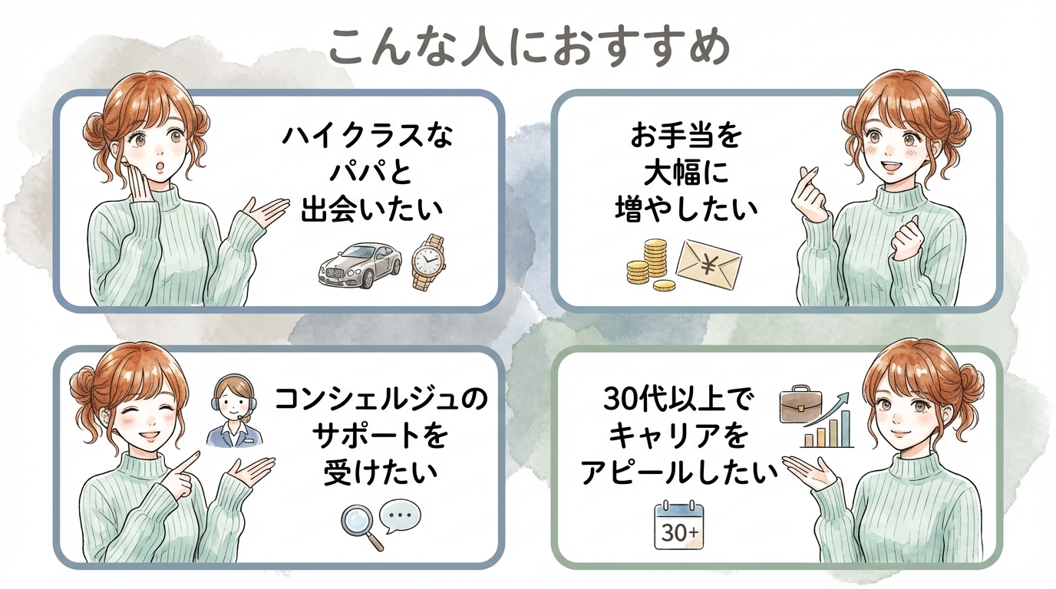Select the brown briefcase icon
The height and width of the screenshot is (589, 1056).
pyautogui.click(x=800, y=405)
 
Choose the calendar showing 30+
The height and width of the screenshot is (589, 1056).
pyautogui.click(x=680, y=526)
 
